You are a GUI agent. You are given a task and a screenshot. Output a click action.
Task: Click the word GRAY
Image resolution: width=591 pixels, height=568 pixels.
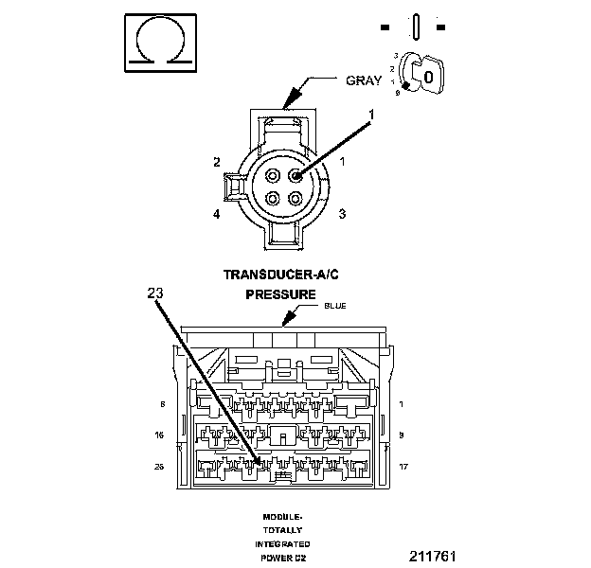click(363, 80)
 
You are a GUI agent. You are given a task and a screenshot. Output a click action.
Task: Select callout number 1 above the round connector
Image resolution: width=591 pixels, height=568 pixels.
click(371, 115)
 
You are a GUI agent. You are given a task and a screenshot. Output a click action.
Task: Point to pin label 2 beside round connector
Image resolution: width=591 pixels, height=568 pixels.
click(217, 162)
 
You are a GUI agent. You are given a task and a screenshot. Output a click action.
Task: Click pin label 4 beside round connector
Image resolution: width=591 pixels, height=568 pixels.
click(217, 214)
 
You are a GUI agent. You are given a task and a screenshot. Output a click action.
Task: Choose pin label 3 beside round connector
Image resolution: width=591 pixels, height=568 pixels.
click(342, 214)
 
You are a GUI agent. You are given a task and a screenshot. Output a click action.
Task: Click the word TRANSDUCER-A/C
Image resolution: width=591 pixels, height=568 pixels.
click(280, 275)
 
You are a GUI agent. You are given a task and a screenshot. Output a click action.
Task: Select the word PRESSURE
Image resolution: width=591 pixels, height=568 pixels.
click(280, 294)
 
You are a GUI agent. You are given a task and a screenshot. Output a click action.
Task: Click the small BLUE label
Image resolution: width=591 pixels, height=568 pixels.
click(335, 307)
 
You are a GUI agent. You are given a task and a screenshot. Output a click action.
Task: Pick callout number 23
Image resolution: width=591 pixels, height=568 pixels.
click(155, 293)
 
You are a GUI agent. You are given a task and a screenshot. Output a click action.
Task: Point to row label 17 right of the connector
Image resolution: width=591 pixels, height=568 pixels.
click(403, 466)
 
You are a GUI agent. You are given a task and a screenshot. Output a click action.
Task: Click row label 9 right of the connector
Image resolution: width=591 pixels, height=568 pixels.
click(403, 435)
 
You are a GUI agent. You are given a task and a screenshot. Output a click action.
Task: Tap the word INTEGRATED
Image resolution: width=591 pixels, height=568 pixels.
click(281, 544)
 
